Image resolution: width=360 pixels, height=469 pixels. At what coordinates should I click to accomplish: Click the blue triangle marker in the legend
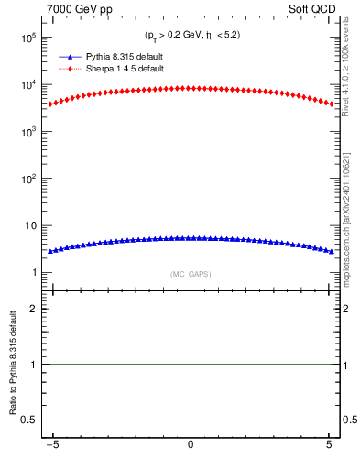click(70, 57)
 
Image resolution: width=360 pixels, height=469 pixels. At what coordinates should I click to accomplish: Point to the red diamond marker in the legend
click(70, 69)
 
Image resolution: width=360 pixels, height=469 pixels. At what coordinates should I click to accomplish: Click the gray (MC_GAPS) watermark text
click(191, 274)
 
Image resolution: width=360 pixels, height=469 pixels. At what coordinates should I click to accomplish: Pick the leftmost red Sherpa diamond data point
click(49, 104)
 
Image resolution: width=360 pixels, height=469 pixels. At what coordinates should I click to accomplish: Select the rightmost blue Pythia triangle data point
click(332, 251)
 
